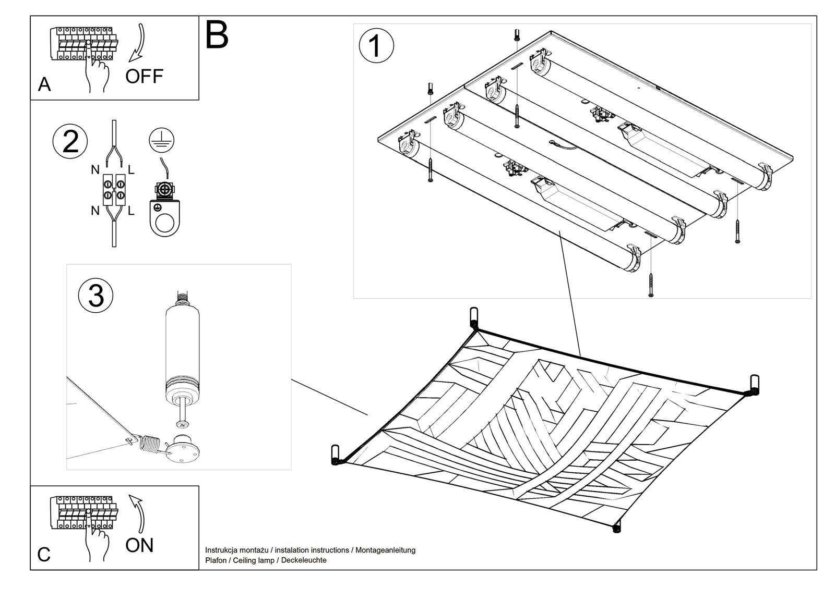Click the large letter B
point(217,35)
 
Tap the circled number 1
point(376,46)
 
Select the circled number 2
point(70,141)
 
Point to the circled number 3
point(96,296)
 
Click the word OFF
point(144,77)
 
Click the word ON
point(139,545)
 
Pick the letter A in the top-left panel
point(44,84)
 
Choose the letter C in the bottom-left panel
point(44,555)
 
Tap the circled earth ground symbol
point(162,139)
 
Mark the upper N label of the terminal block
point(95,169)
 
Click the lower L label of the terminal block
point(131,211)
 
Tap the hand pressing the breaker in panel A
point(97,73)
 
